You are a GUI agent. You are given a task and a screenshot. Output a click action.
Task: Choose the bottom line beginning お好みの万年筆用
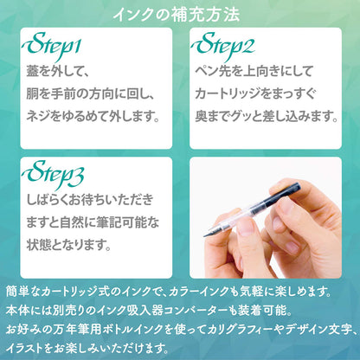179,330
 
